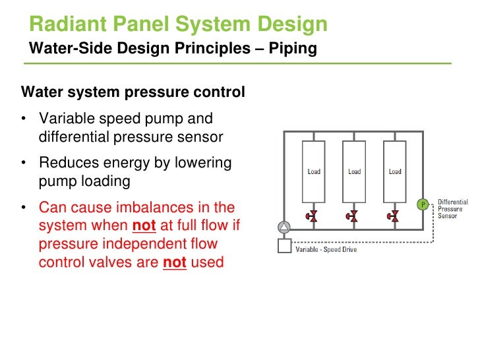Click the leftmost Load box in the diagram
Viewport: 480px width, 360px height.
(314, 171)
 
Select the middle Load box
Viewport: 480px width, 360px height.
(355, 171)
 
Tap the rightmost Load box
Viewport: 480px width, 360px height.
(395, 171)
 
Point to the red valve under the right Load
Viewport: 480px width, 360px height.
(394, 216)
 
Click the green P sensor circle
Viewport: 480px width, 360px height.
(423, 204)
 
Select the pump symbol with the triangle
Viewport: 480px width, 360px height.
(284, 227)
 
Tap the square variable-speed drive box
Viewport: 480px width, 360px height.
(284, 247)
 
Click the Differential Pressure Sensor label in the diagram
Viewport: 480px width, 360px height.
(452, 208)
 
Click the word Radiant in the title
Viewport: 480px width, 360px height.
(64, 25)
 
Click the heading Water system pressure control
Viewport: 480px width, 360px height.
(133, 92)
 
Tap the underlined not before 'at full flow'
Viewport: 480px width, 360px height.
(144, 226)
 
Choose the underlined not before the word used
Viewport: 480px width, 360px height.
(175, 262)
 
